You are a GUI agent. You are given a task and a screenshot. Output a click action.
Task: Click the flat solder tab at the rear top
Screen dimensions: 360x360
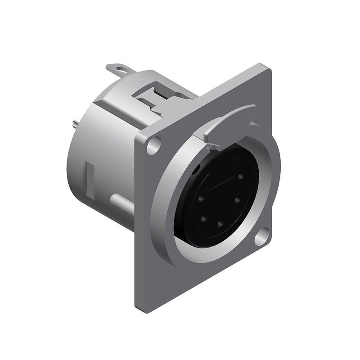tap(117, 70)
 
